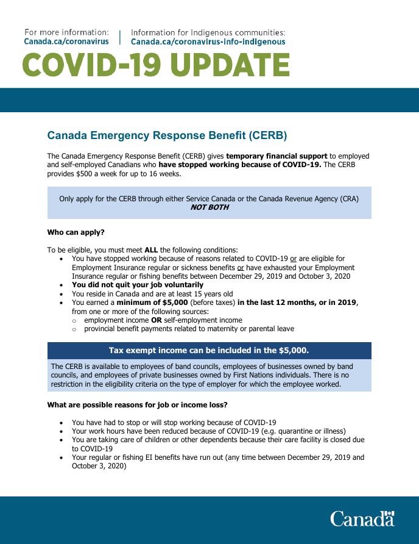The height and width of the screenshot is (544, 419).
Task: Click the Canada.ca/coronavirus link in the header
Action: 66,41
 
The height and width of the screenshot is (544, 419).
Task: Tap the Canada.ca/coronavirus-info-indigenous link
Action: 208,41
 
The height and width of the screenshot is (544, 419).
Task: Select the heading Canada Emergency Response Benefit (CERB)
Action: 167,135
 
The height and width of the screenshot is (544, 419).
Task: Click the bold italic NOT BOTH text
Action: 209,207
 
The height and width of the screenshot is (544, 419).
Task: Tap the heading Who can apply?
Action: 76,232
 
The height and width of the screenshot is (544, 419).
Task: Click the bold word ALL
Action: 151,249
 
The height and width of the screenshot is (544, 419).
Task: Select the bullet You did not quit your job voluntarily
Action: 138,285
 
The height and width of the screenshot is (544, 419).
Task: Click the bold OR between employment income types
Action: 156,320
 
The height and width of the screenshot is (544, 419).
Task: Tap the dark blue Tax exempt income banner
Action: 209,350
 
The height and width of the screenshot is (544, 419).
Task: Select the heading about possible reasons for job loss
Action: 137,404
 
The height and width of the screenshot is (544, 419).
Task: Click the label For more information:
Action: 66,32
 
